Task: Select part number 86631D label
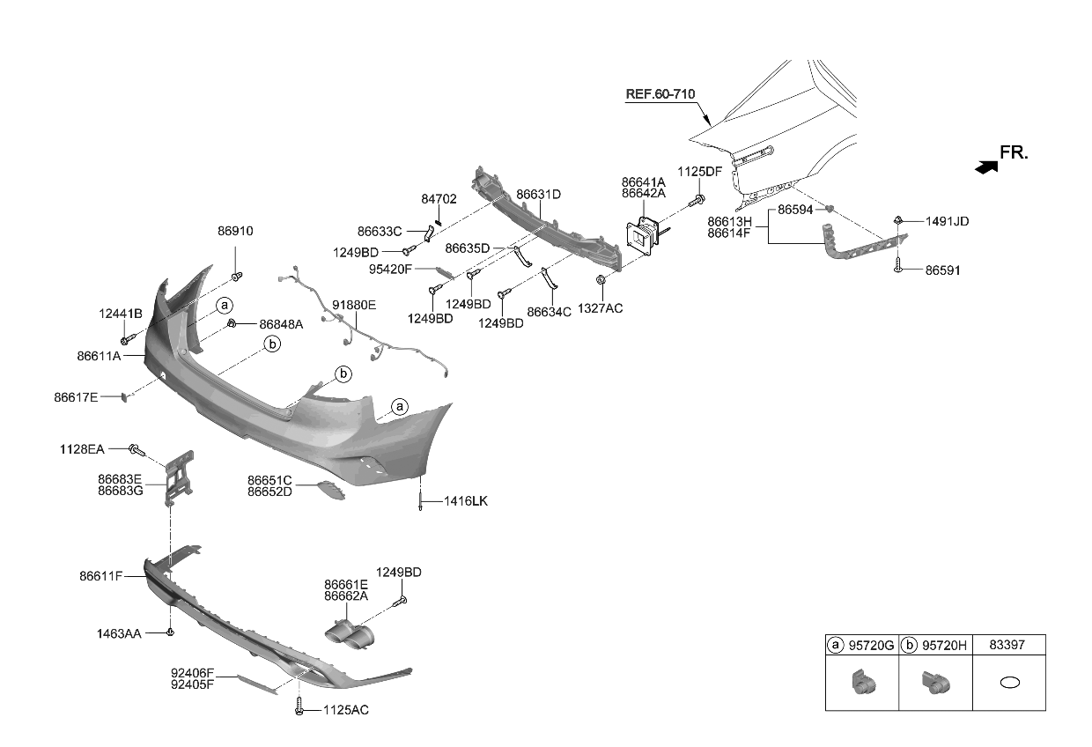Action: (x=538, y=194)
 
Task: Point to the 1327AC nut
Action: (x=601, y=281)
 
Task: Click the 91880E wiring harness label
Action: (x=354, y=305)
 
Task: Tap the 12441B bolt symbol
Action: (x=126, y=339)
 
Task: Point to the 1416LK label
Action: (x=465, y=501)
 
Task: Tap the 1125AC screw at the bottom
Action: (x=300, y=706)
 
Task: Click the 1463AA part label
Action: (x=119, y=632)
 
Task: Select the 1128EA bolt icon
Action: (x=136, y=450)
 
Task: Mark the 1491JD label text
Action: (x=947, y=221)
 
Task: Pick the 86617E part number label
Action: (x=76, y=397)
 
